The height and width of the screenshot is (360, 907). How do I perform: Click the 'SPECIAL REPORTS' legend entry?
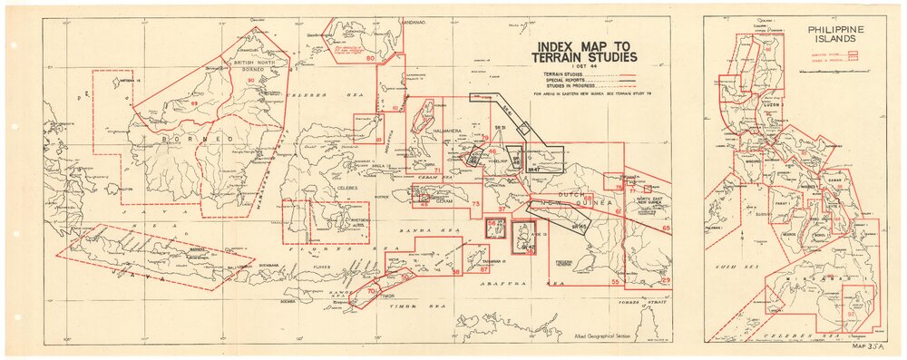point(567,79)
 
